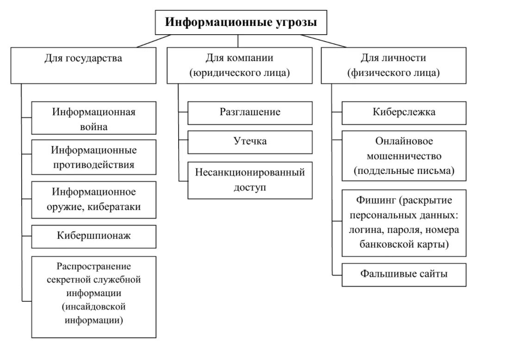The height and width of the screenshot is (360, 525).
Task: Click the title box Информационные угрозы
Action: [241, 22]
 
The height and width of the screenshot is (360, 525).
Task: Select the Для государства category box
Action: [83, 65]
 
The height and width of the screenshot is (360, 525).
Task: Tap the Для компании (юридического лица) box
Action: [239, 65]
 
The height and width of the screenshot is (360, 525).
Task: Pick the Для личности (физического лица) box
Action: [394, 65]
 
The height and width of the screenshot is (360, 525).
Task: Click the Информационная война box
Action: [94, 118]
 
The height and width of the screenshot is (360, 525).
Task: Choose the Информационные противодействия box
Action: [94, 158]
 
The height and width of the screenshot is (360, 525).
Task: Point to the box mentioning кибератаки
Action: [94, 200]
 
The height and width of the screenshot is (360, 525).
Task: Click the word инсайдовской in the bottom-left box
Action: [94, 306]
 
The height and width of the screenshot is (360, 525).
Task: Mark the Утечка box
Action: [250, 142]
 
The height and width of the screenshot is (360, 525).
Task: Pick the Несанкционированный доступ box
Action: [250, 180]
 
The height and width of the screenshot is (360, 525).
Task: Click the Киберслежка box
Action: [404, 112]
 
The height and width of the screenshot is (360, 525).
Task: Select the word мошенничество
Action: [404, 156]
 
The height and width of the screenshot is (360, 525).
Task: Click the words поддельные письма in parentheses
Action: [404, 171]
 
